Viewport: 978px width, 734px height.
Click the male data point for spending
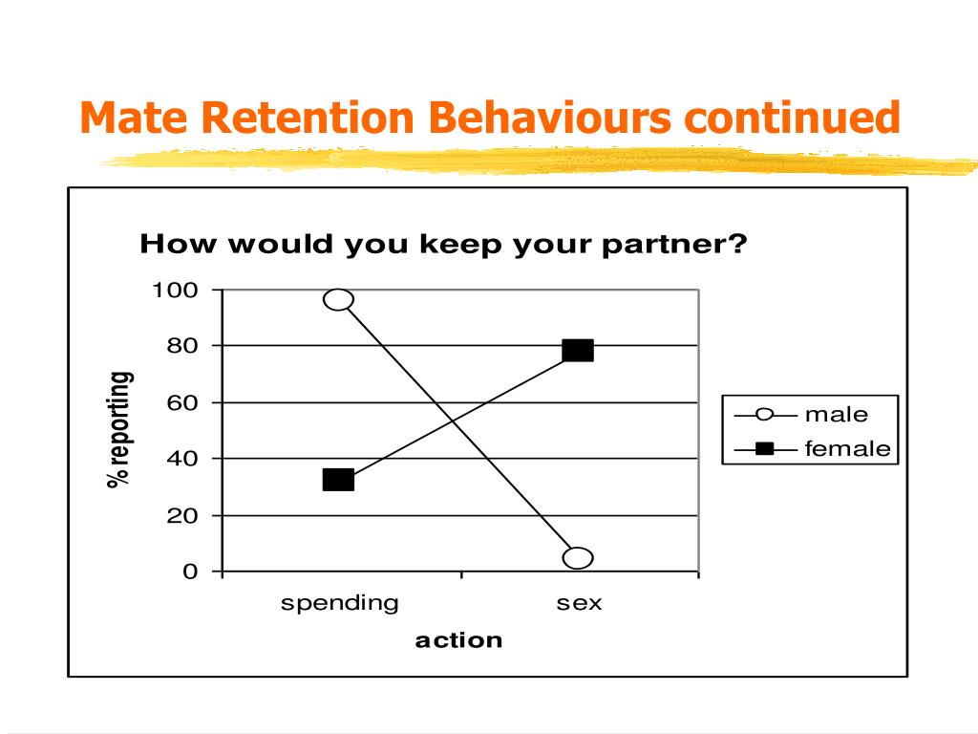click(x=339, y=300)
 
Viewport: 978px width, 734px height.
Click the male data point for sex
click(x=578, y=558)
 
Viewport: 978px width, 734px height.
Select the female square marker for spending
click(x=339, y=480)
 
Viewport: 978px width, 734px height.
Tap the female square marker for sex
click(x=578, y=351)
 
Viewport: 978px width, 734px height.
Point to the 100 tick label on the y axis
click(x=176, y=291)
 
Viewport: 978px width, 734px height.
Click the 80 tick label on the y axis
click(x=182, y=346)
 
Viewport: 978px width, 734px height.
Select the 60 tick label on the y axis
click(x=182, y=402)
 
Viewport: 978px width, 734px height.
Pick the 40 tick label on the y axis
click(x=182, y=459)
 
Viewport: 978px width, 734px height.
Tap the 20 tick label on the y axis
click(x=182, y=515)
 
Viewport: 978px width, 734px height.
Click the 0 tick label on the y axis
click(x=190, y=572)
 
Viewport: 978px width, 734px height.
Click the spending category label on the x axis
click(x=339, y=604)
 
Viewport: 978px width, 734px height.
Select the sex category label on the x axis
click(x=580, y=604)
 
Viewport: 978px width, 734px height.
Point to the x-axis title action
click(x=458, y=640)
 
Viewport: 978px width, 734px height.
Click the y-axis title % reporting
click(x=119, y=429)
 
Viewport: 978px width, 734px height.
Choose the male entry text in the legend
click(x=837, y=415)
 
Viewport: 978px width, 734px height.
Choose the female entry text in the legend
click(x=848, y=449)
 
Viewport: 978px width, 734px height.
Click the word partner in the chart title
click(x=674, y=244)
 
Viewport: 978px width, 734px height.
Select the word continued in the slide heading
click(x=792, y=118)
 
